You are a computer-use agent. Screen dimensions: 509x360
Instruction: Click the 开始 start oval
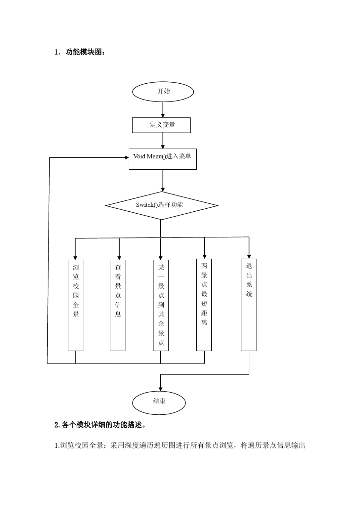pyautogui.click(x=163, y=92)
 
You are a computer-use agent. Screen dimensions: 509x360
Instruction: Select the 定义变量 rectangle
pyautogui.click(x=161, y=125)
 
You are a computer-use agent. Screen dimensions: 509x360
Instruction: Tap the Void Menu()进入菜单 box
pyautogui.click(x=163, y=159)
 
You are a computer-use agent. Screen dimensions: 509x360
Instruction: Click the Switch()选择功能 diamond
pyautogui.click(x=161, y=206)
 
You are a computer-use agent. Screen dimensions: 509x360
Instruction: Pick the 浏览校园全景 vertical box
pyautogui.click(x=75, y=305)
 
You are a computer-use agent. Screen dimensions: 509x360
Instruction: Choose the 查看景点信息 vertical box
pyautogui.click(x=117, y=305)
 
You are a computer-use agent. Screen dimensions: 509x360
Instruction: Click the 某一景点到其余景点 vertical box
pyautogui.click(x=161, y=305)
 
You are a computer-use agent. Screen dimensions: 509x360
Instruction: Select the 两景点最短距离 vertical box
pyautogui.click(x=204, y=304)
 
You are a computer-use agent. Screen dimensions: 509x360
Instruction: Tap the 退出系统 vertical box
pyautogui.click(x=249, y=304)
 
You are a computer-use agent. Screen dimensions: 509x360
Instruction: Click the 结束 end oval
pyautogui.click(x=159, y=402)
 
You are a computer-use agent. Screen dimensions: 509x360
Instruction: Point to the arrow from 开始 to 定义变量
pyautogui.click(x=163, y=109)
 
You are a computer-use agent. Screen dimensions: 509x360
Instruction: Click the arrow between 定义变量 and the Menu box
pyautogui.click(x=163, y=141)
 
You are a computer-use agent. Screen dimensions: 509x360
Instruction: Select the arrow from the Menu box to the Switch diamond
pyautogui.click(x=163, y=181)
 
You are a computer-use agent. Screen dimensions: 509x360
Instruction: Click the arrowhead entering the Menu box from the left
pyautogui.click(x=127, y=157)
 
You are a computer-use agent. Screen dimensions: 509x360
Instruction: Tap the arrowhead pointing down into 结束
pyautogui.click(x=161, y=389)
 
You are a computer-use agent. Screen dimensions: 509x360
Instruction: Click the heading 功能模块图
pyautogui.click(x=83, y=52)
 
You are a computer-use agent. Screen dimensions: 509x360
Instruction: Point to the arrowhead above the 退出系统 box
pyautogui.click(x=249, y=256)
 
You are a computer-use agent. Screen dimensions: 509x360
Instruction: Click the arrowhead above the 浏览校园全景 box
pyautogui.click(x=75, y=257)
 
